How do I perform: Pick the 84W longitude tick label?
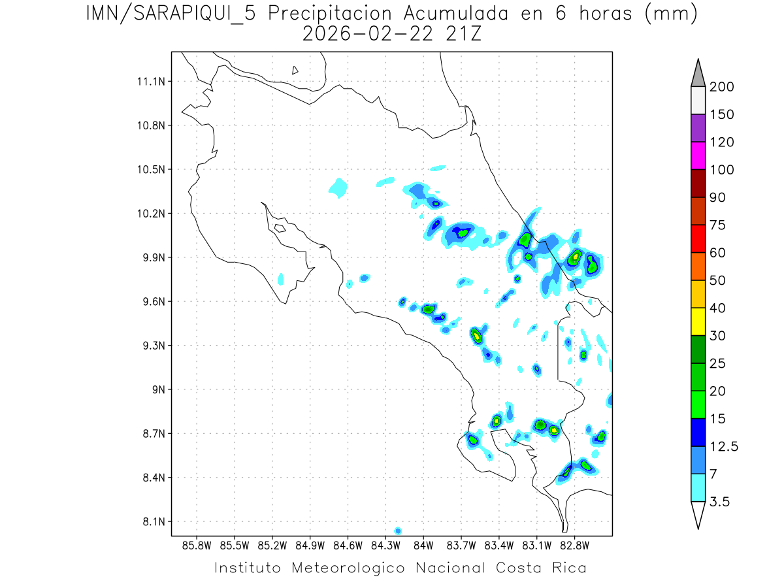pyautogui.click(x=423, y=545)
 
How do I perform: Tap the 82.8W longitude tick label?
pyautogui.click(x=574, y=545)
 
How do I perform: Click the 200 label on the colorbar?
pyautogui.click(x=721, y=87)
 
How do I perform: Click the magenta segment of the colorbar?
pyautogui.click(x=698, y=156)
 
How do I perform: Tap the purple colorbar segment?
pyautogui.click(x=698, y=128)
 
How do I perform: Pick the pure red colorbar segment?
pyautogui.click(x=698, y=238)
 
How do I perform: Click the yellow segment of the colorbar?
pyautogui.click(x=698, y=321)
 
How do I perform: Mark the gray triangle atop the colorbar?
pyautogui.click(x=698, y=74)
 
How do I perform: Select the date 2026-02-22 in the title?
pyautogui.click(x=365, y=34)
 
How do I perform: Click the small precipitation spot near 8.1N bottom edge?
pyautogui.click(x=398, y=531)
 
